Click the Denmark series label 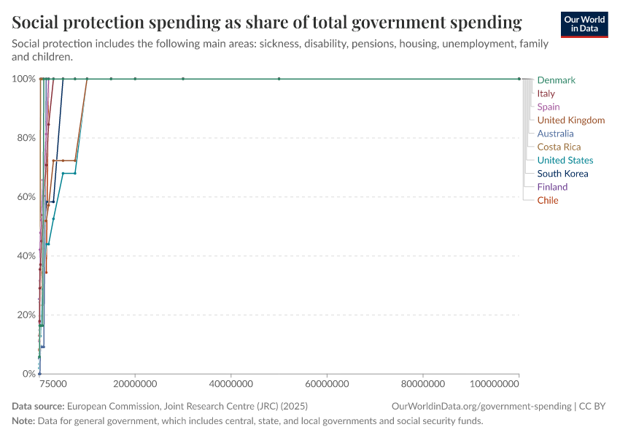[x=556, y=80]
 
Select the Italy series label [x=546, y=93]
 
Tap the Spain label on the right [x=549, y=107]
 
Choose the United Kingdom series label [x=570, y=120]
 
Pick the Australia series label [x=555, y=134]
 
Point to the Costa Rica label [x=559, y=147]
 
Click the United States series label [x=565, y=161]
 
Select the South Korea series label [x=562, y=174]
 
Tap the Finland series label [x=552, y=187]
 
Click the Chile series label [x=548, y=200]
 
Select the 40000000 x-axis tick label [x=231, y=383]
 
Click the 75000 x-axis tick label [x=53, y=383]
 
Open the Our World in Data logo [x=584, y=23]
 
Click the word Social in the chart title [x=37, y=23]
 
